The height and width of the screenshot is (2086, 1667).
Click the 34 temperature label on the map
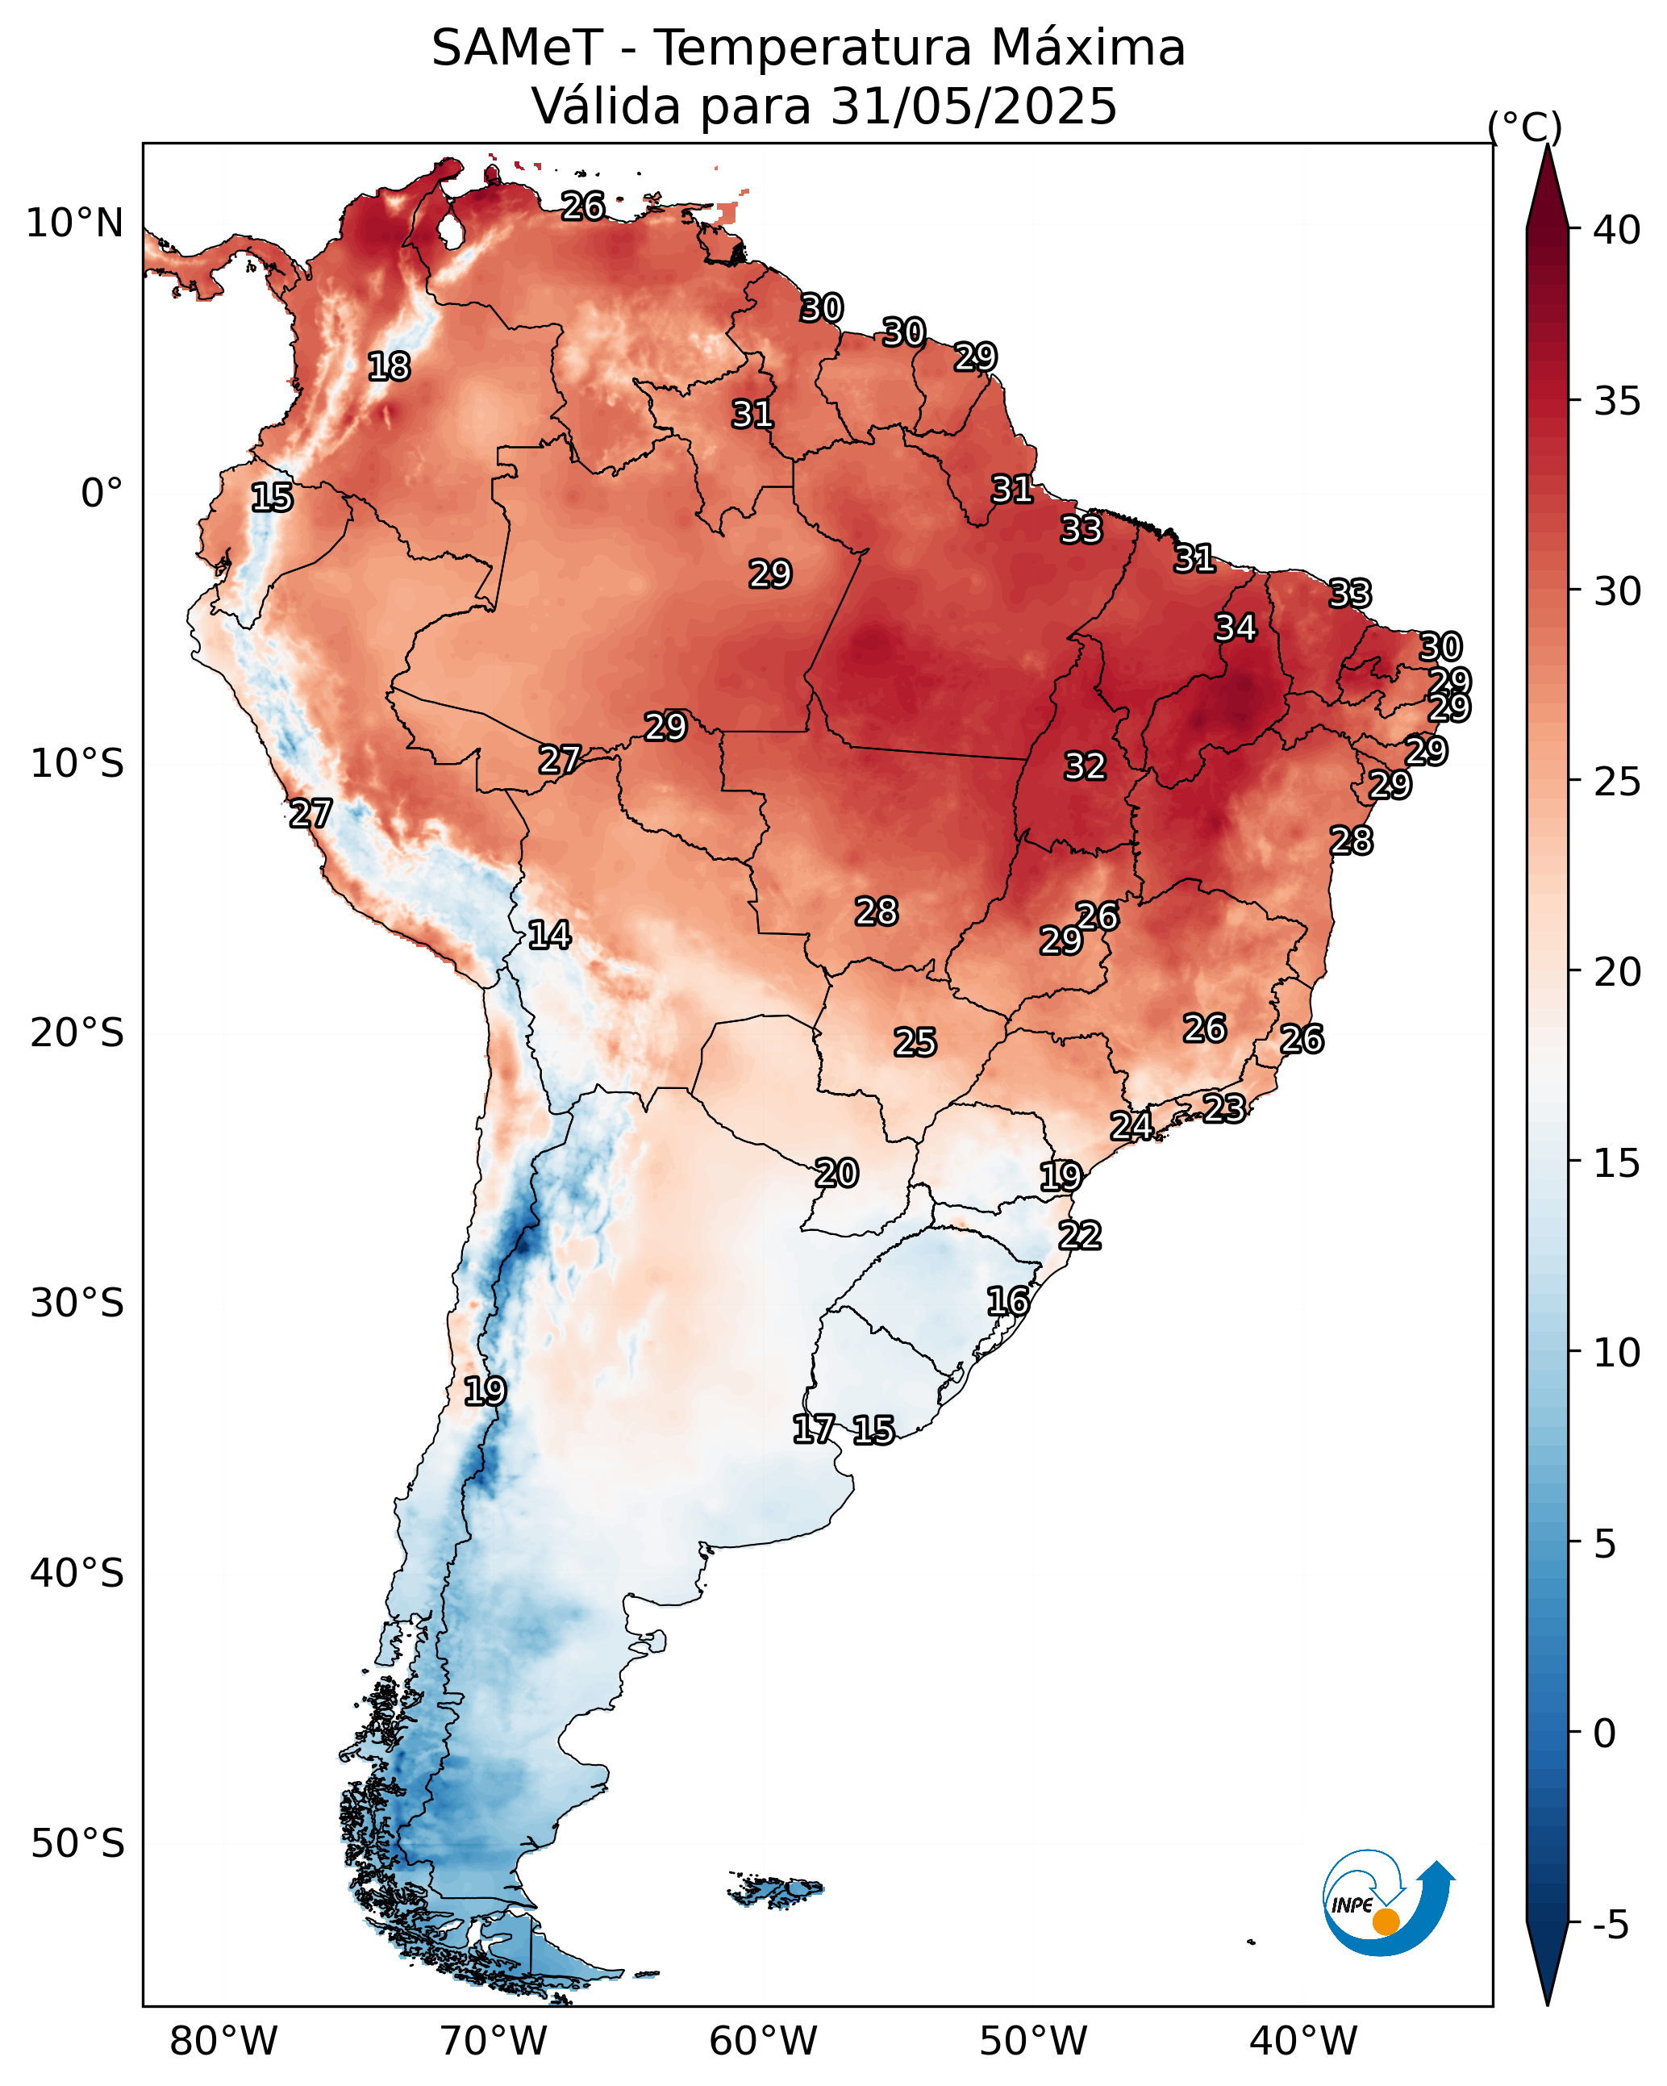click(x=1236, y=628)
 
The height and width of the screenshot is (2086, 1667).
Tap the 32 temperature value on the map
click(x=1085, y=766)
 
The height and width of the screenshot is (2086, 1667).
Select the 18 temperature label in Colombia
click(x=389, y=367)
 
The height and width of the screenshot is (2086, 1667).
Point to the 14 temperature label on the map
click(x=549, y=935)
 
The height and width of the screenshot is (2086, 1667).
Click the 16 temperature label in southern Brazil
click(x=1008, y=1301)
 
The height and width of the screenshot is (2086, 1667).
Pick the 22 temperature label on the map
click(x=1080, y=1236)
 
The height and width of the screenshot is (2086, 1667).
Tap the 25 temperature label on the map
click(x=915, y=1042)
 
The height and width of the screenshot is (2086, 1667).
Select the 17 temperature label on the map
click(x=814, y=1429)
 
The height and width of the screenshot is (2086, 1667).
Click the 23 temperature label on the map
click(x=1224, y=1108)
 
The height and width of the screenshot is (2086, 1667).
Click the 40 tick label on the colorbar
click(x=1617, y=230)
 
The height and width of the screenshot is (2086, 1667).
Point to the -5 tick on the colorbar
click(x=1611, y=1925)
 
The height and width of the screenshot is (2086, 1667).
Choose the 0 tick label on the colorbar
click(x=1604, y=1733)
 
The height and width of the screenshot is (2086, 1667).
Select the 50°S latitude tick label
click(x=77, y=1844)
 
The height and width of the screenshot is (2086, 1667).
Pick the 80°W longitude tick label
click(x=223, y=2042)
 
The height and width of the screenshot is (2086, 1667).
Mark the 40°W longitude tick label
click(x=1303, y=2042)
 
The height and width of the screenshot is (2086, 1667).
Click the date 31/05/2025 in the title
click(x=973, y=106)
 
